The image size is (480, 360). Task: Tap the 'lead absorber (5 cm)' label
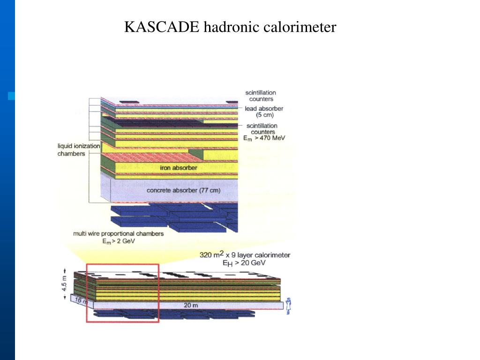tap(264, 112)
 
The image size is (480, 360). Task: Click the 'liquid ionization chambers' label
tap(78, 150)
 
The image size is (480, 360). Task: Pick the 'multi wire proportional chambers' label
tap(118, 233)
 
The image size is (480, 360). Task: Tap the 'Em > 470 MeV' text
tap(264, 138)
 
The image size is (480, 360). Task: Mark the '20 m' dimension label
tap(190, 305)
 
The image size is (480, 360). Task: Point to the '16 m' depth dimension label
tap(81, 300)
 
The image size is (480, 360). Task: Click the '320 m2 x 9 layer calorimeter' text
tap(245, 255)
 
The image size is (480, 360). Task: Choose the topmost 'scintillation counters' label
tap(261, 96)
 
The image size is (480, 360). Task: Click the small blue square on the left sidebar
tap(11, 96)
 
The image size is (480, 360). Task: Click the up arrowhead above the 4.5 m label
tap(65, 271)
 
